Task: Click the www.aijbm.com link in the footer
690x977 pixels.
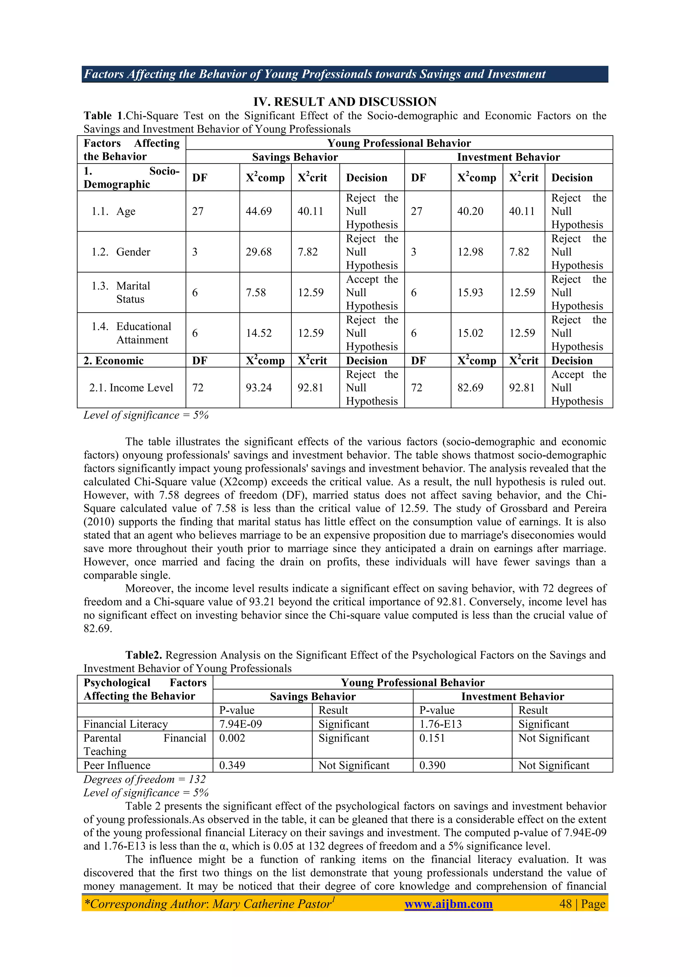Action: click(x=448, y=903)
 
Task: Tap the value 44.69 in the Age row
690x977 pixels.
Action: click(x=258, y=211)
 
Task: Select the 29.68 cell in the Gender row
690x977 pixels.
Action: click(x=258, y=252)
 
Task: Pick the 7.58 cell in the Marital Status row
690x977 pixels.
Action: click(x=255, y=292)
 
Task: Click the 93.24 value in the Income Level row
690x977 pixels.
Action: click(x=258, y=387)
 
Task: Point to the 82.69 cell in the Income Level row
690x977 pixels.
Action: click(x=470, y=387)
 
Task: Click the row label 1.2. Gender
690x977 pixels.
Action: click(x=121, y=252)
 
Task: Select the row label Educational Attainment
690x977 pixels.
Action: click(x=143, y=333)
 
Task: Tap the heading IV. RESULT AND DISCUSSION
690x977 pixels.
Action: click(x=345, y=102)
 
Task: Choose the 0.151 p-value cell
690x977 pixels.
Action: click(x=432, y=738)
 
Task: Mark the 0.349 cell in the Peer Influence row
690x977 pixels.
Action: click(x=232, y=765)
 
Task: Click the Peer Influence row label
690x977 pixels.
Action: click(x=117, y=765)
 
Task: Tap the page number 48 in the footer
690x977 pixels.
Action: click(x=565, y=903)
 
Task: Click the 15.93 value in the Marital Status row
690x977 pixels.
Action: click(x=470, y=292)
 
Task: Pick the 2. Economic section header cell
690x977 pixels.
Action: click(x=114, y=361)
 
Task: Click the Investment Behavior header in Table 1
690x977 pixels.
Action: click(x=508, y=157)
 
